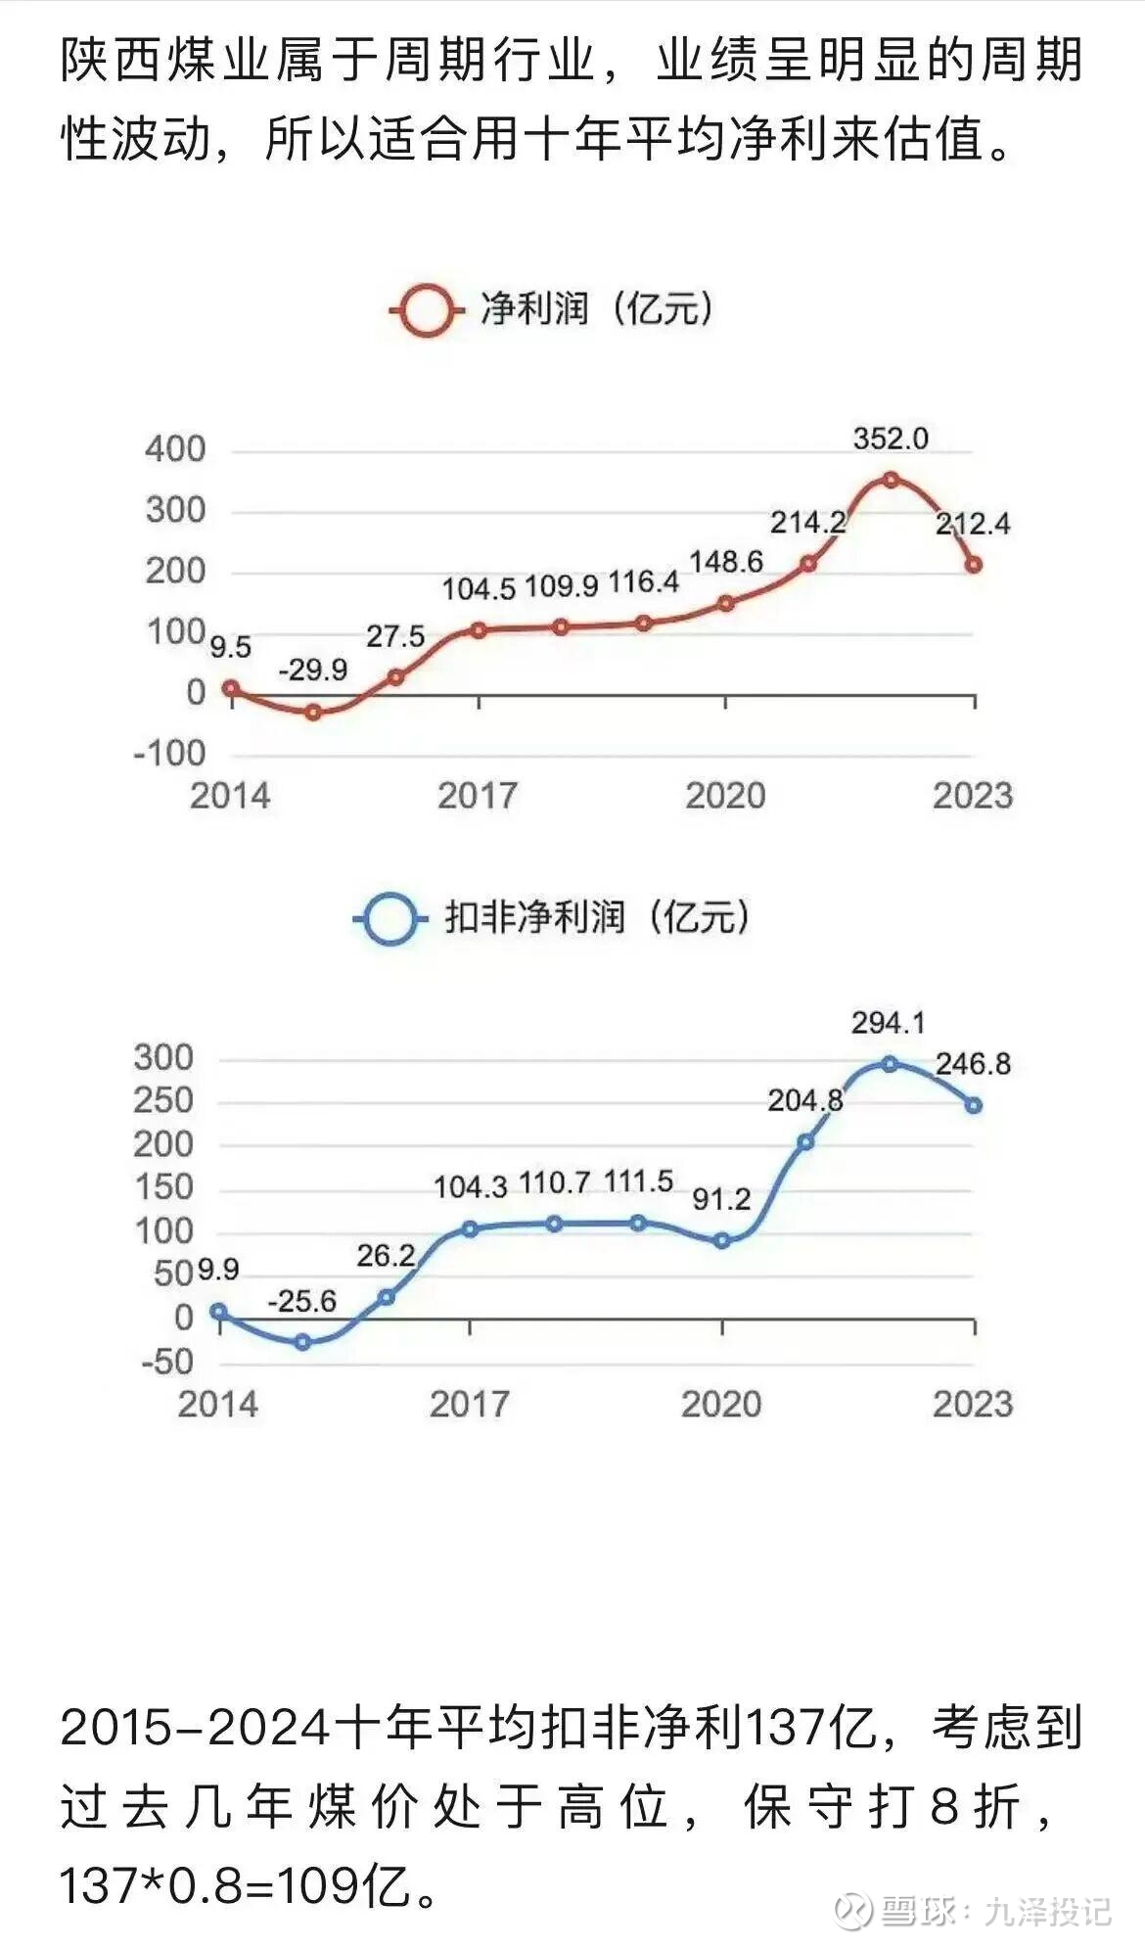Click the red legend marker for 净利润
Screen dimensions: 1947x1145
pyautogui.click(x=427, y=311)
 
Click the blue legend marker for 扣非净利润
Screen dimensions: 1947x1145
pyautogui.click(x=389, y=919)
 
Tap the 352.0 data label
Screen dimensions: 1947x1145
pyautogui.click(x=890, y=439)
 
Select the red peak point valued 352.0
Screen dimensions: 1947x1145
pyautogui.click(x=890, y=480)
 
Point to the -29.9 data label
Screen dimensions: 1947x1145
pyautogui.click(x=313, y=670)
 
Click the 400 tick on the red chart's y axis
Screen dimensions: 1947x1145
pyautogui.click(x=175, y=449)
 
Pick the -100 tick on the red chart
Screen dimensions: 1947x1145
pyautogui.click(x=169, y=753)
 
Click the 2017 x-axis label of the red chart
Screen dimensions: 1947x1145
pyautogui.click(x=478, y=796)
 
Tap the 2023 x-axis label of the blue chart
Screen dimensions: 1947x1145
pyautogui.click(x=972, y=1404)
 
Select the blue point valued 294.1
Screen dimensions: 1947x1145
pyautogui.click(x=890, y=1064)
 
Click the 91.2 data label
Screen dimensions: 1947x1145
pyautogui.click(x=721, y=1198)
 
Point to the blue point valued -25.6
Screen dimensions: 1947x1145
pyautogui.click(x=302, y=1342)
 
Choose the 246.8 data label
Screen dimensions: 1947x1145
pyautogui.click(x=973, y=1064)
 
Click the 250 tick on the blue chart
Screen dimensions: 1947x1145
pyautogui.click(x=163, y=1100)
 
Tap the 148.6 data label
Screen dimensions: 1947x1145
pyautogui.click(x=726, y=562)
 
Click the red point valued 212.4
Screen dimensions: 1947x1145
pyautogui.click(x=974, y=565)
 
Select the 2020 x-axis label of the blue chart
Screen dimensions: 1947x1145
pyautogui.click(x=721, y=1404)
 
